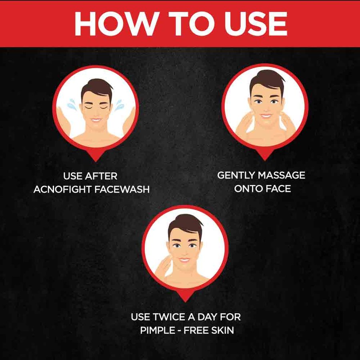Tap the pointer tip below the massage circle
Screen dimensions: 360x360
point(264,159)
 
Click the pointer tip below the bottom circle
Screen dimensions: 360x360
point(185,300)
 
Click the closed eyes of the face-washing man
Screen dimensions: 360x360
point(96,107)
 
